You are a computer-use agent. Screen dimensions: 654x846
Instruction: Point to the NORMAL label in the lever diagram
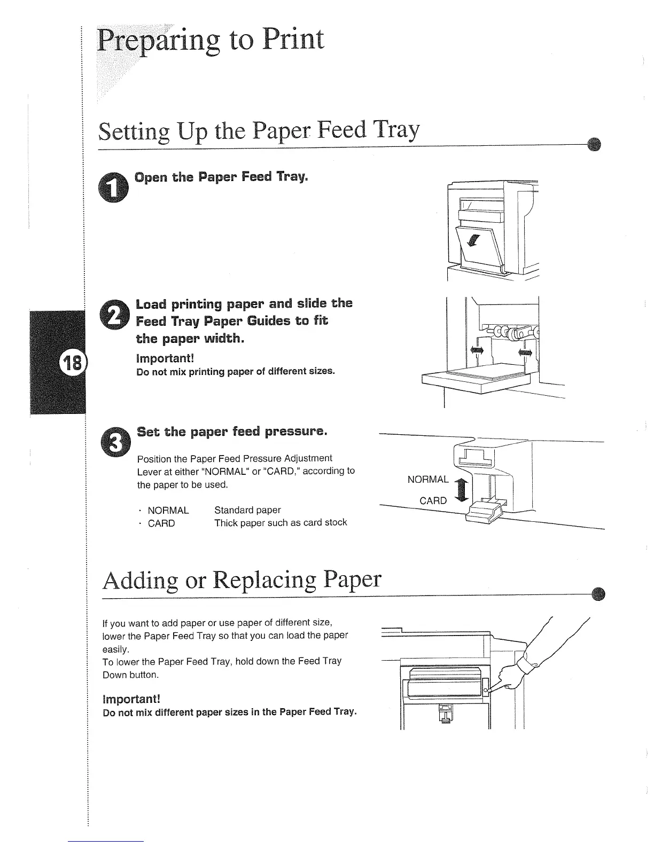point(428,479)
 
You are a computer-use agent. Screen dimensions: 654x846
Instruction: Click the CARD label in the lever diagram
point(433,500)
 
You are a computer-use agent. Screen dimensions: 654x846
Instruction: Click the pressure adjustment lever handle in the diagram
point(482,514)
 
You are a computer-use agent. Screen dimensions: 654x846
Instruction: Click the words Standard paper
point(247,510)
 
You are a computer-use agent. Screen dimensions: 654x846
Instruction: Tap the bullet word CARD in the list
point(161,523)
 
